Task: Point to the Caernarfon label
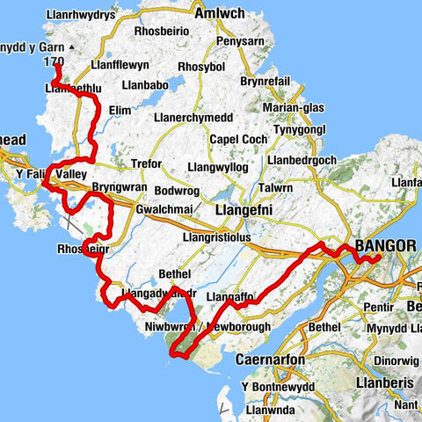click(x=270, y=360)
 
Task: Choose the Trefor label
click(x=146, y=164)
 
